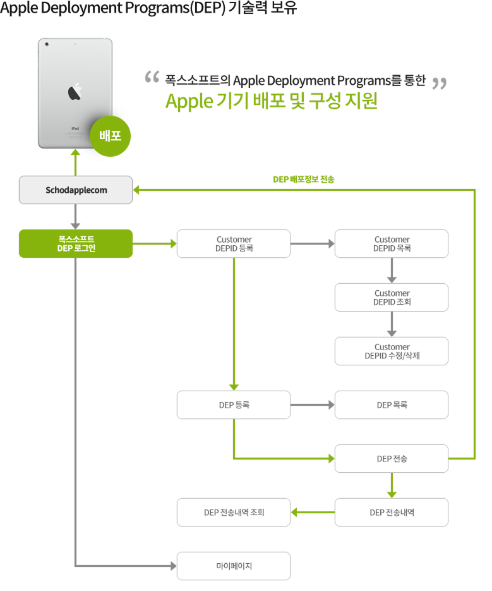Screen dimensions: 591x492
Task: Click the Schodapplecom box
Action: [x=76, y=190]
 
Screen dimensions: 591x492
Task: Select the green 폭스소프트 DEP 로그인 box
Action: [x=76, y=243]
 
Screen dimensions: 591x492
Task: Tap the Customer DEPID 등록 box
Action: [x=234, y=243]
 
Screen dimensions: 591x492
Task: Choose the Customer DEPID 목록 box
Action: [x=392, y=243]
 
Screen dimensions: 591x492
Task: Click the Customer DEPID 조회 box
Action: [x=392, y=297]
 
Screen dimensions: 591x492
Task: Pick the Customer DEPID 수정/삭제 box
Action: [x=392, y=351]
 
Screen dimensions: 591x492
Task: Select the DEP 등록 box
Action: [x=234, y=405]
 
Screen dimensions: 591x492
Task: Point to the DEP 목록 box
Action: [x=392, y=405]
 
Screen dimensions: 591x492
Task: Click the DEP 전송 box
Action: [x=392, y=458]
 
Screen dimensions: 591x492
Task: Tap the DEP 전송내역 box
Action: [x=392, y=512]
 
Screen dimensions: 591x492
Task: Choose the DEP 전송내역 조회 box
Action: [x=234, y=512]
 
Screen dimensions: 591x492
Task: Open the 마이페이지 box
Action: [x=234, y=566]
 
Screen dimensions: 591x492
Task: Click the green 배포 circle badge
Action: [x=111, y=135]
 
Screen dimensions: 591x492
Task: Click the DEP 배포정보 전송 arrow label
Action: [x=304, y=179]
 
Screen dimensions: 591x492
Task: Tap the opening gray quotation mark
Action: [x=152, y=78]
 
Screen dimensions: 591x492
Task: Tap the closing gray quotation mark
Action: [x=439, y=83]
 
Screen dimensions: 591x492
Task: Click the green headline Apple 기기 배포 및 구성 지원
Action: [x=271, y=102]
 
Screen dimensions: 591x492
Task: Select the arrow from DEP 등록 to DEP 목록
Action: [x=313, y=405]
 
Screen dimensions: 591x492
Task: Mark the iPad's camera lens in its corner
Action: [x=47, y=44]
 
